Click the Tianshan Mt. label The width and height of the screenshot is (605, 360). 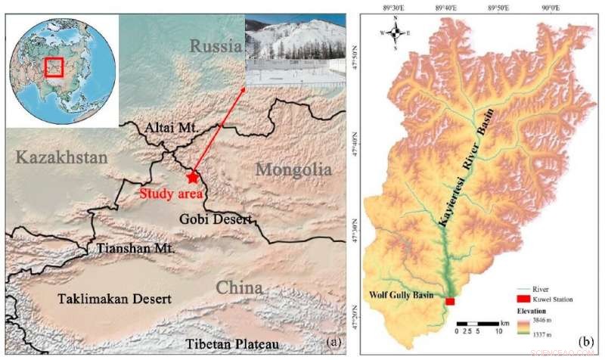coord(136,247)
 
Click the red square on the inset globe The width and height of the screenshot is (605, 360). coord(53,67)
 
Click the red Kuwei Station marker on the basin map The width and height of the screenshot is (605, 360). coord(450,302)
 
